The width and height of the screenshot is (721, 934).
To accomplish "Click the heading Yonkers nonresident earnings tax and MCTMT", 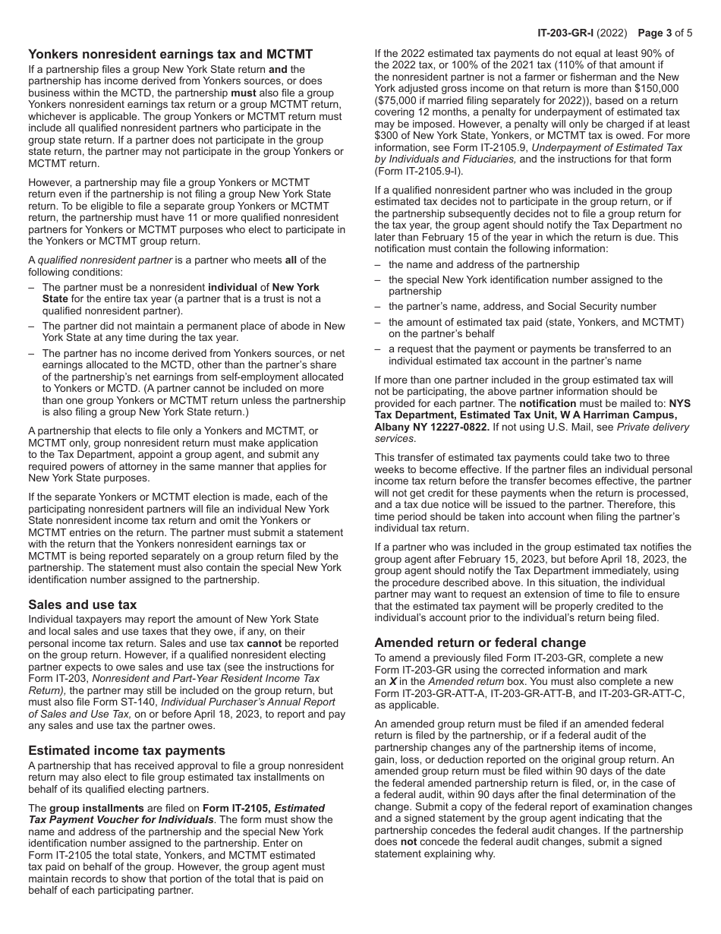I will click(170, 54).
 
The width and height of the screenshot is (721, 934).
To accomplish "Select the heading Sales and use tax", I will click(82, 604).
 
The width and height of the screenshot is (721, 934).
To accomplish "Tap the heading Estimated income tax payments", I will click(127, 750).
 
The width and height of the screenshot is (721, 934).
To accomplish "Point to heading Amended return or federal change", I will click(480, 642).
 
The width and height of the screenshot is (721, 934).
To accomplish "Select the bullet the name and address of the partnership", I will click(483, 265).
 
